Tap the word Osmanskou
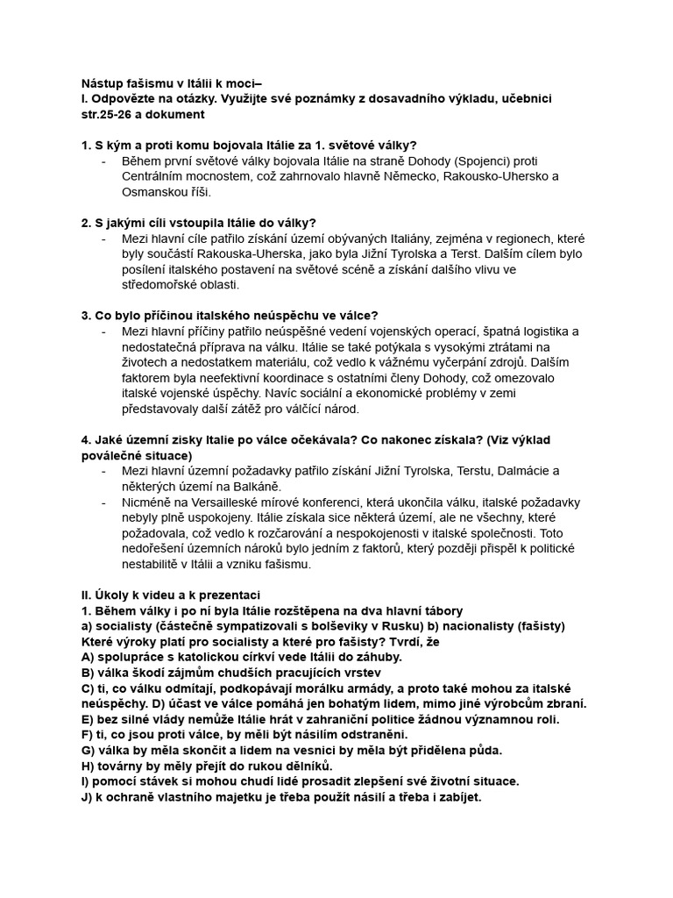tap(153, 192)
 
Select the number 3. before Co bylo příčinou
tap(86, 316)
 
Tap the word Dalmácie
tap(524, 471)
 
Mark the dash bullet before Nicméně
tap(104, 502)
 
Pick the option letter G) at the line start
tap(88, 751)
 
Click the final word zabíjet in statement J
tap(455, 797)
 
